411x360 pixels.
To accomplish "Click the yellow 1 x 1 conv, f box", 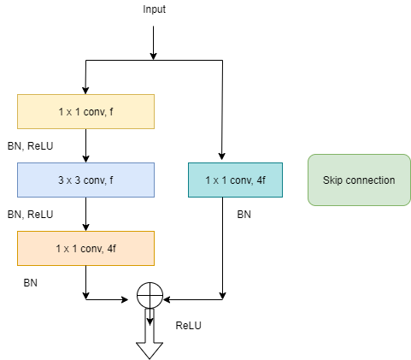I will pos(85,111).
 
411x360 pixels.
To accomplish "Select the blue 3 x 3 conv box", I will pos(85,180).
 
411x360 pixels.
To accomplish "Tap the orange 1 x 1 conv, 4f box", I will pos(85,248).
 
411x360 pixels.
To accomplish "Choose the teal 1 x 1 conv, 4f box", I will pos(235,180).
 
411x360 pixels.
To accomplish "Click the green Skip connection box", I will pos(359,180).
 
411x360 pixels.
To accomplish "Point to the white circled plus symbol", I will pos(150,296).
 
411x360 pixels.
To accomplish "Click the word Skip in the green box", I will pos(332,180).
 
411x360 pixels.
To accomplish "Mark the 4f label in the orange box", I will pos(110,249).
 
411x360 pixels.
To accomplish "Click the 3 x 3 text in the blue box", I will pos(69,180).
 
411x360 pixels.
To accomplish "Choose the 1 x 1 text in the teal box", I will pos(216,180).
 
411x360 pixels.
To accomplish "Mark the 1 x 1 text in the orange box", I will pos(67,249).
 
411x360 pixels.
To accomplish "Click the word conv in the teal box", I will pos(240,180).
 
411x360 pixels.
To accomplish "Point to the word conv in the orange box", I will pos(91,249).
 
